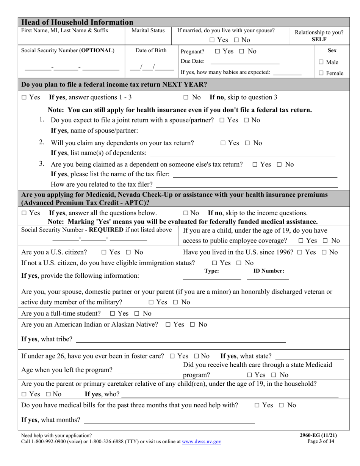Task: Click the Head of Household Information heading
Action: (x=77, y=22)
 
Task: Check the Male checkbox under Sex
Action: (x=321, y=62)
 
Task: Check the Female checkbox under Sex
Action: (x=321, y=73)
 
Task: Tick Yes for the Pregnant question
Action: (x=218, y=51)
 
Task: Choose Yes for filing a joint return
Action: (x=222, y=120)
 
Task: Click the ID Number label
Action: (x=269, y=271)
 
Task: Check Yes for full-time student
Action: (x=113, y=313)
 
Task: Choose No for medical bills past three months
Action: (x=282, y=405)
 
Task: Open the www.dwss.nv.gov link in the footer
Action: (x=201, y=441)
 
